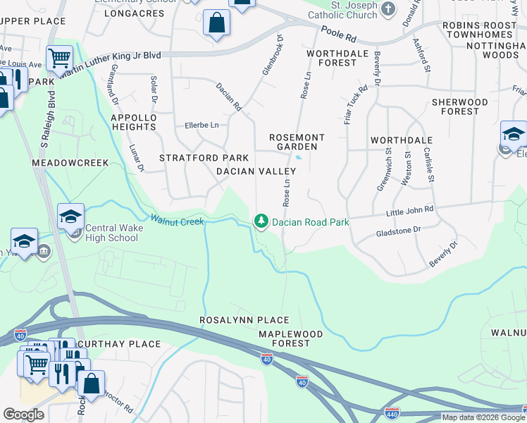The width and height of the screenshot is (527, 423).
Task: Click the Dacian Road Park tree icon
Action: [x=262, y=221]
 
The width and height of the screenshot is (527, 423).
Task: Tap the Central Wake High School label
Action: [x=112, y=233]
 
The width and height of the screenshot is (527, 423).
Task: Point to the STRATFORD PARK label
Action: [x=204, y=157]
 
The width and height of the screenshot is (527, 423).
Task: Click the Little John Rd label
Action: [x=409, y=210]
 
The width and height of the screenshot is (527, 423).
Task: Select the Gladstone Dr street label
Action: [x=398, y=231]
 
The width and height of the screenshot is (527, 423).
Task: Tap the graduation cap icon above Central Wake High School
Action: [x=70, y=216]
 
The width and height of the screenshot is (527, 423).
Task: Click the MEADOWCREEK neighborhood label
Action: [x=70, y=163]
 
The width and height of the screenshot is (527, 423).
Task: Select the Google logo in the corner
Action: [x=23, y=415]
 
